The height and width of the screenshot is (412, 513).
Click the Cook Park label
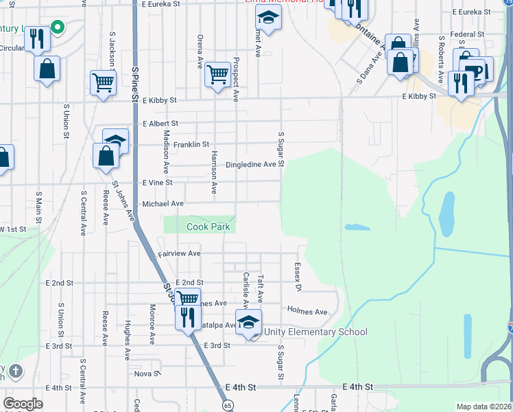[x=208, y=227]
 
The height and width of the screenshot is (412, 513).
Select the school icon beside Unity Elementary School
[x=248, y=322]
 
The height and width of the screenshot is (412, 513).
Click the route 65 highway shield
[x=226, y=406]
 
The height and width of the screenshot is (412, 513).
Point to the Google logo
[x=23, y=404]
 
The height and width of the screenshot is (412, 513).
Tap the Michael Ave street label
[x=163, y=204]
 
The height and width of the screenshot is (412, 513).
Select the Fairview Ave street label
[x=180, y=253]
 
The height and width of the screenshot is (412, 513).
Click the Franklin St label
[x=191, y=145]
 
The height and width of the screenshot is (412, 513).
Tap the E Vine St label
[x=157, y=183]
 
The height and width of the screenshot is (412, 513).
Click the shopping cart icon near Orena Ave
[x=217, y=73]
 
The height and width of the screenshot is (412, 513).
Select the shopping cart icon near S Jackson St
[x=103, y=82]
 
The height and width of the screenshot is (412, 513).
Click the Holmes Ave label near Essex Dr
[x=307, y=312]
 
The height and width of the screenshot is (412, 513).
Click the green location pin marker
[x=58, y=28]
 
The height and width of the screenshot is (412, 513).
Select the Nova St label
[x=147, y=374]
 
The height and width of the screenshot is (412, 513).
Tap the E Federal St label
[x=468, y=34]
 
